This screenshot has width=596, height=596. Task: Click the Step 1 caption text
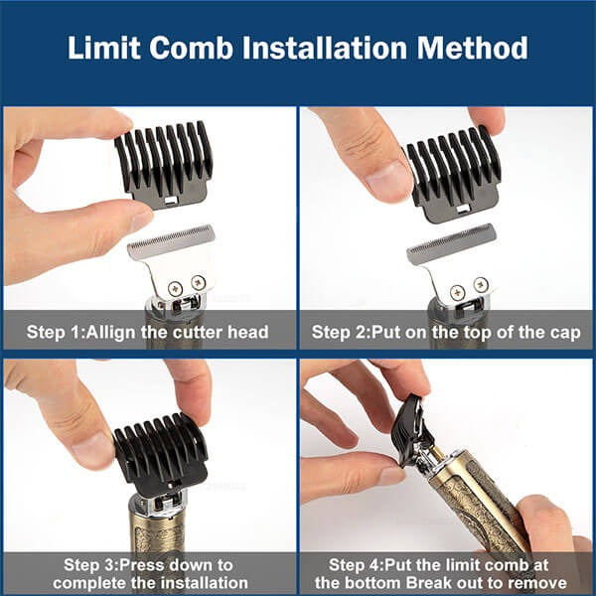pos(149,332)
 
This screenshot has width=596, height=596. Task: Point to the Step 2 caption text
pos(446,332)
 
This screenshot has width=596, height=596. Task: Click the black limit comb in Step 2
pos(452,179)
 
